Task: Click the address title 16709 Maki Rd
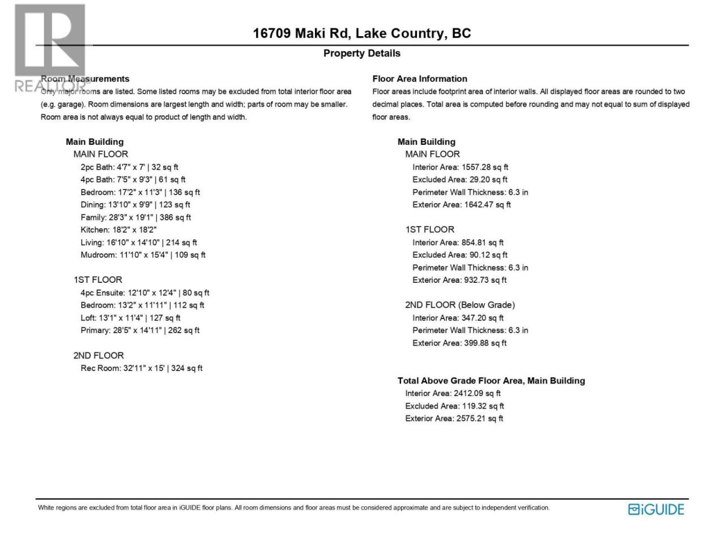(x=361, y=33)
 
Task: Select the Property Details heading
(x=361, y=53)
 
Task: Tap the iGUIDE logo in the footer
(x=656, y=509)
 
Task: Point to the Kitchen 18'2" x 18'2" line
(x=118, y=230)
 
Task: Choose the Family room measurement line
(x=135, y=217)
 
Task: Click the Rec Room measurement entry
(x=141, y=368)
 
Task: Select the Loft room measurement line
(x=130, y=318)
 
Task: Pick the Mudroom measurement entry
(x=143, y=255)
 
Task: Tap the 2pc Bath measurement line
(x=129, y=167)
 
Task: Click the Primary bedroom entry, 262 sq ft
(x=140, y=330)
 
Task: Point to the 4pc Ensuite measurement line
(x=144, y=293)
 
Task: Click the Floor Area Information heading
(x=420, y=79)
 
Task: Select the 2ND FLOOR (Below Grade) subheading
(x=459, y=305)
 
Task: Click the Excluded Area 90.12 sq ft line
(x=460, y=255)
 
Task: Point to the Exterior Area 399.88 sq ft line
(x=459, y=343)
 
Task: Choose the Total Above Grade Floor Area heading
(x=491, y=381)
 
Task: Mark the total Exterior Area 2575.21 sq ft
(x=454, y=419)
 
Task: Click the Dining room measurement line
(x=135, y=205)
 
